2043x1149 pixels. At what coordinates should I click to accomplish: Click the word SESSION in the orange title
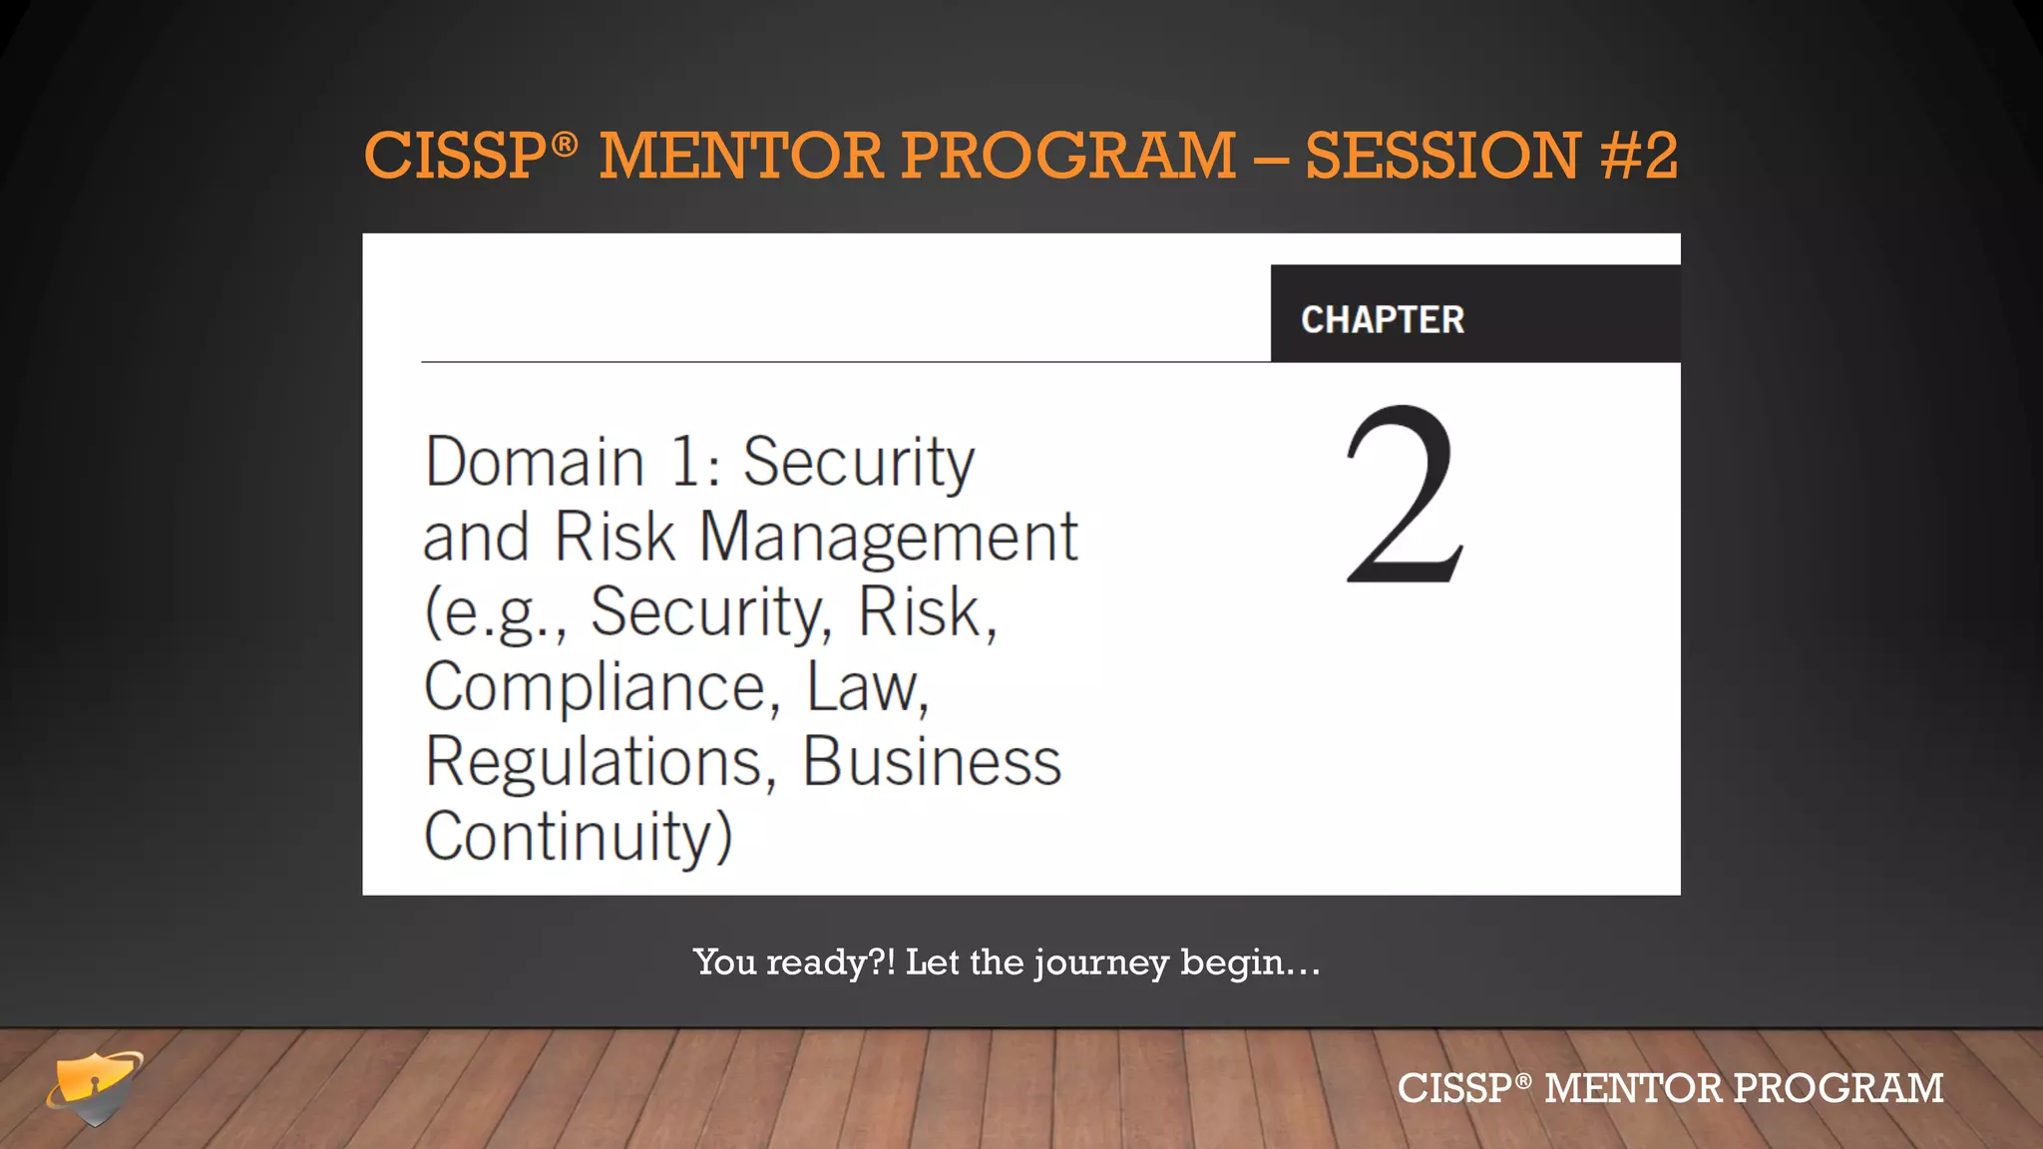coord(1442,156)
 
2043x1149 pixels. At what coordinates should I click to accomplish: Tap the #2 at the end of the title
coord(1639,156)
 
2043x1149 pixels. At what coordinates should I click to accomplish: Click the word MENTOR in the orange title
coord(741,156)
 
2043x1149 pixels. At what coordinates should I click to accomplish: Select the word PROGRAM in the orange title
coord(1068,156)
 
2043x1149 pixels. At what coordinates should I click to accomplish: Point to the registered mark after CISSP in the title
coord(565,145)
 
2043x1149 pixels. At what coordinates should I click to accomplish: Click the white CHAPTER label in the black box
coord(1383,320)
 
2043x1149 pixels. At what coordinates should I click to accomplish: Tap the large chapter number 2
coord(1405,495)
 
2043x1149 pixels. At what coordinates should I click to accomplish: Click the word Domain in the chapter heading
coord(535,463)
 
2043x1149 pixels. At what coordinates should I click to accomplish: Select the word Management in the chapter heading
coord(888,538)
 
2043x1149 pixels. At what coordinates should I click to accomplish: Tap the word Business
coord(932,762)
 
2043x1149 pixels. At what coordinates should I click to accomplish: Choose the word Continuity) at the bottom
coord(579,836)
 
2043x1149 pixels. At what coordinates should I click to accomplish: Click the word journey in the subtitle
coord(1101,963)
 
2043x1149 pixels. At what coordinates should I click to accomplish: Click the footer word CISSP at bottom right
coord(1453,1088)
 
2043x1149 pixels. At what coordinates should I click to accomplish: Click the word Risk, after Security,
coord(928,612)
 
